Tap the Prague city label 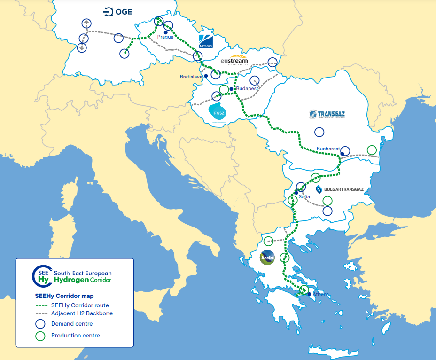pos(165,37)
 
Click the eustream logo pos(234,61)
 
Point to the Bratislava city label pos(191,76)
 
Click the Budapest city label pos(247,88)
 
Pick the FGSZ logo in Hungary pos(218,113)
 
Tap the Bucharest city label pos(327,149)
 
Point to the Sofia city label pos(304,196)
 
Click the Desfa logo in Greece pos(267,258)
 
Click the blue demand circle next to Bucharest pos(345,151)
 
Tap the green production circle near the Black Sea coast pos(372,150)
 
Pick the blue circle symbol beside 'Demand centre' pos(40,324)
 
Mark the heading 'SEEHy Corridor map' pos(64,296)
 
